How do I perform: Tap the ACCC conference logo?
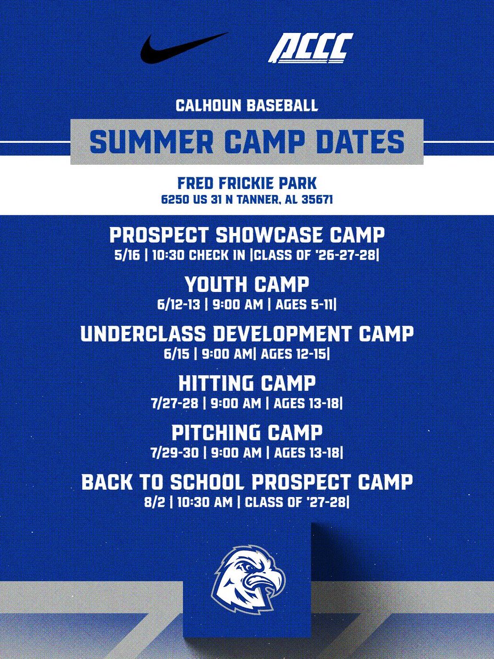point(310,48)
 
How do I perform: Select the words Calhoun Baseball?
point(246,105)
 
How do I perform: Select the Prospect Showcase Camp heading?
point(246,235)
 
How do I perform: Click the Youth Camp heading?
point(246,284)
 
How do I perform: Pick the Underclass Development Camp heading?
point(246,334)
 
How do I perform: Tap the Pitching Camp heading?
point(246,433)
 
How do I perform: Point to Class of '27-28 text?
point(296,501)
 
